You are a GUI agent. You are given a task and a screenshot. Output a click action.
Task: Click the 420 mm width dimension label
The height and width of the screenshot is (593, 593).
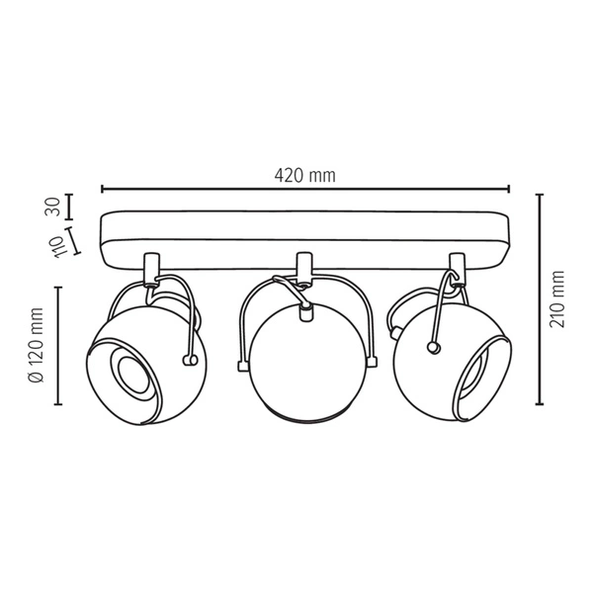coord(304,175)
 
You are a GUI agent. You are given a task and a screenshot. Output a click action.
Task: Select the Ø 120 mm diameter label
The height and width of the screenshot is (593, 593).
coord(37,345)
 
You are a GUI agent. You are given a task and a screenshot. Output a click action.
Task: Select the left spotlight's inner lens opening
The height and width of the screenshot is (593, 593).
coord(127,374)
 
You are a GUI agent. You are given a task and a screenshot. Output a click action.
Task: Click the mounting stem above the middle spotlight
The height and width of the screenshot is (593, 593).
coord(304,268)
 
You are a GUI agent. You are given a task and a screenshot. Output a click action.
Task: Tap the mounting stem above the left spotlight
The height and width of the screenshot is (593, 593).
coord(151,268)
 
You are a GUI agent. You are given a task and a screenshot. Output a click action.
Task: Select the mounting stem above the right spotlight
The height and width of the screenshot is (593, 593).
coord(457,268)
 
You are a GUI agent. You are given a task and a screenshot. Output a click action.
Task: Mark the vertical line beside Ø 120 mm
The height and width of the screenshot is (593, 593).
coord(58,345)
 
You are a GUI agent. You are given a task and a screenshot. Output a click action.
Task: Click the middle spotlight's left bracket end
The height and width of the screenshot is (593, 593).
coord(240,365)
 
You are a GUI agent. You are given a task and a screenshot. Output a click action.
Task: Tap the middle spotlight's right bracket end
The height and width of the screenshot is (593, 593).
coord(372,364)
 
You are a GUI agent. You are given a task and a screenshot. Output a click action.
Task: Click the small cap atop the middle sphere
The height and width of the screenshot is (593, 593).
coord(304,312)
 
